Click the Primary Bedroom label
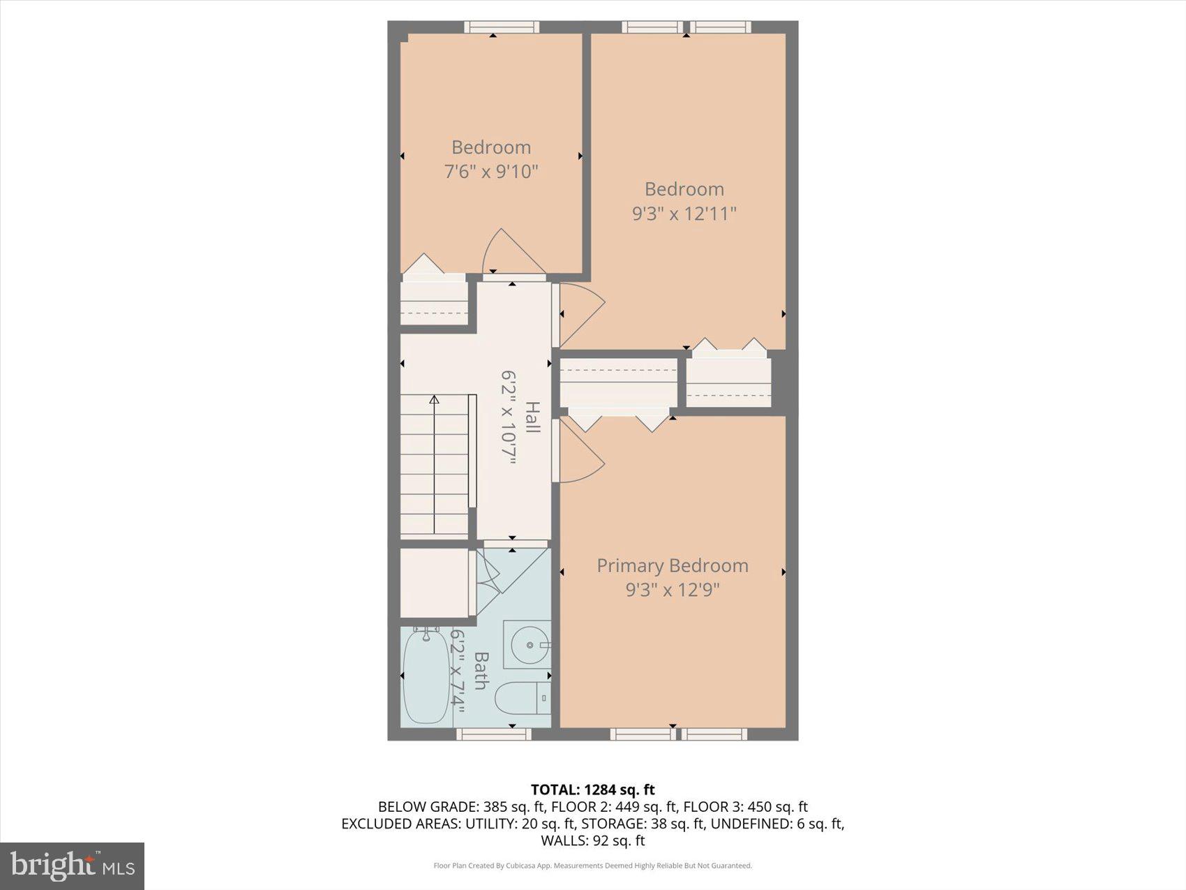click(672, 565)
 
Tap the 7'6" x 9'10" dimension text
click(491, 171)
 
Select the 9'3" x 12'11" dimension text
click(684, 214)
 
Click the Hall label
click(532, 417)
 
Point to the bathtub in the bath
click(426, 676)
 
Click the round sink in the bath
click(529, 646)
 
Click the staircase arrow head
click(434, 400)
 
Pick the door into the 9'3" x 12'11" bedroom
click(579, 314)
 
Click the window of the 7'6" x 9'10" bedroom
click(502, 27)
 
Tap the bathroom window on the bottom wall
click(494, 734)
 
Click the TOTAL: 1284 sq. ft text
click(592, 789)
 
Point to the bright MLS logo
click(72, 866)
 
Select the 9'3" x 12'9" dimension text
click(672, 591)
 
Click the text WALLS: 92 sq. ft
click(592, 840)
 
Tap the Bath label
click(480, 670)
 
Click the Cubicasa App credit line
click(592, 866)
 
